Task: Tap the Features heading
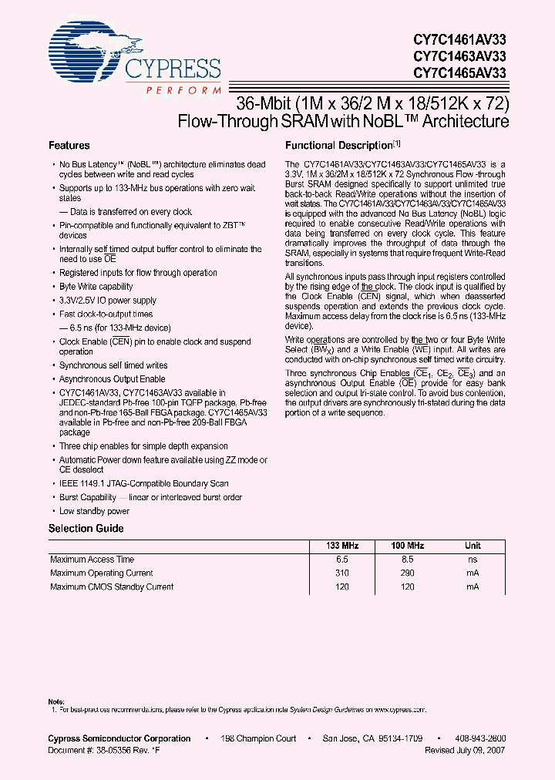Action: click(69, 145)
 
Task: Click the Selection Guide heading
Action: click(86, 529)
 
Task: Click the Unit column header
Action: click(472, 546)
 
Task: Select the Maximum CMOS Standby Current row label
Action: click(112, 587)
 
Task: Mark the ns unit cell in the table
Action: click(472, 560)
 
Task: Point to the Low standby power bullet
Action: click(94, 511)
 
